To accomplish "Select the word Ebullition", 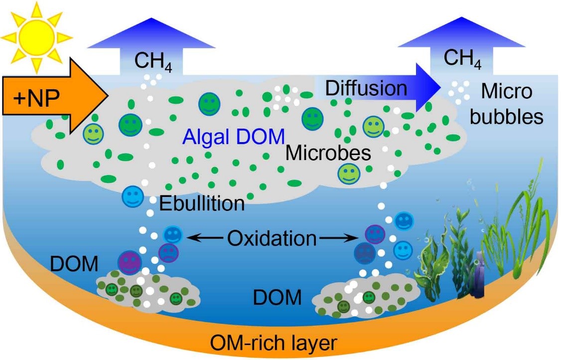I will click(201, 204).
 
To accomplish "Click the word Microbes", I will click(328, 153).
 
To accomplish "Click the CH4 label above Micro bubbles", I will click(462, 58).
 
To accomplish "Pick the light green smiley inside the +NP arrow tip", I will click(93, 133).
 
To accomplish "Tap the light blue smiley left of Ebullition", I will click(132, 197).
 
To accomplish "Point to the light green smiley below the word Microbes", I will click(348, 173).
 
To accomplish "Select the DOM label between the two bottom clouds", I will click(278, 298).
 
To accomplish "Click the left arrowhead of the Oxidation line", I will click(192, 239).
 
